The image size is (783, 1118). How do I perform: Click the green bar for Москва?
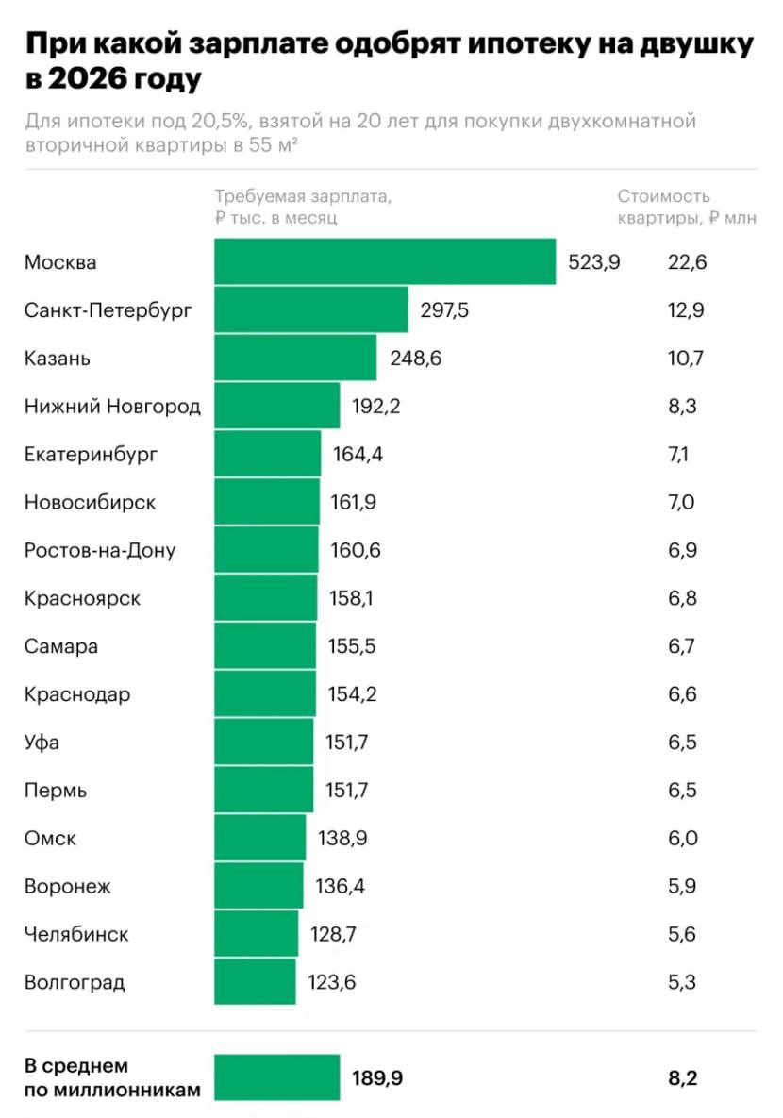pyautogui.click(x=385, y=261)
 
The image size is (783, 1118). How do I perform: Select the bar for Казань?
pyautogui.click(x=295, y=358)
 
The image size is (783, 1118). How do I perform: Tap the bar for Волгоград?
pyautogui.click(x=255, y=982)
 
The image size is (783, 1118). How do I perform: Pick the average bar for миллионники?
pyautogui.click(x=276, y=1077)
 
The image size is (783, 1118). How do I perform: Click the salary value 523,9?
pyautogui.click(x=593, y=262)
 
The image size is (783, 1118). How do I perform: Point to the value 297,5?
pyautogui.click(x=444, y=310)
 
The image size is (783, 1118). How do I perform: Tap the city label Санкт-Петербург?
pyautogui.click(x=108, y=310)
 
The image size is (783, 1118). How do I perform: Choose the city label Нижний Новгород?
pyautogui.click(x=112, y=407)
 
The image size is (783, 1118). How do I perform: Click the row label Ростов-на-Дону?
pyautogui.click(x=100, y=550)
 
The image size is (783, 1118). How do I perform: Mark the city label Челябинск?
pyautogui.click(x=76, y=934)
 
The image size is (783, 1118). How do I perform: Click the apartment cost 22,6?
pyautogui.click(x=687, y=262)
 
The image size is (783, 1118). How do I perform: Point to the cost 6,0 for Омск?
pyautogui.click(x=681, y=838)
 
